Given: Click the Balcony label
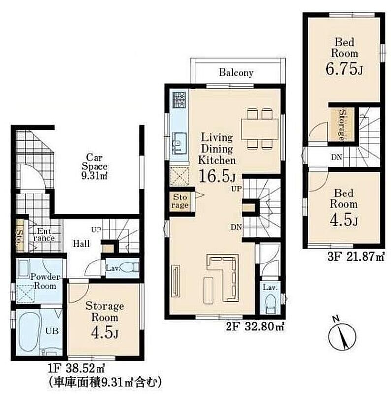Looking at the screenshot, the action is click(236, 73).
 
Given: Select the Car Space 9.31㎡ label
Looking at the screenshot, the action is click(95, 166).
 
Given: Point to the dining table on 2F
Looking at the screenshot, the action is click(260, 129).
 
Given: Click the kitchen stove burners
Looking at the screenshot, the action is click(179, 100).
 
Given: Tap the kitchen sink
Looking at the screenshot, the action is click(179, 143).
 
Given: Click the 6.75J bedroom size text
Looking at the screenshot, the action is click(345, 68).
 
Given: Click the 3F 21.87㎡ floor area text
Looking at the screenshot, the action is click(356, 257).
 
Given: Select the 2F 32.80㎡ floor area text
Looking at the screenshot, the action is click(255, 327).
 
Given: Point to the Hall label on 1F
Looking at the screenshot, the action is click(81, 243).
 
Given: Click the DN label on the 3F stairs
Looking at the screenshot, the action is click(336, 157).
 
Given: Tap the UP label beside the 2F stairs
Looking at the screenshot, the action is click(236, 189).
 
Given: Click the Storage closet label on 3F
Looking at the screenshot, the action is click(342, 125).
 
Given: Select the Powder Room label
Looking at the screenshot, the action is click(45, 281).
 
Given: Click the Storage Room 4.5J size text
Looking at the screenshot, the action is click(104, 334).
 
